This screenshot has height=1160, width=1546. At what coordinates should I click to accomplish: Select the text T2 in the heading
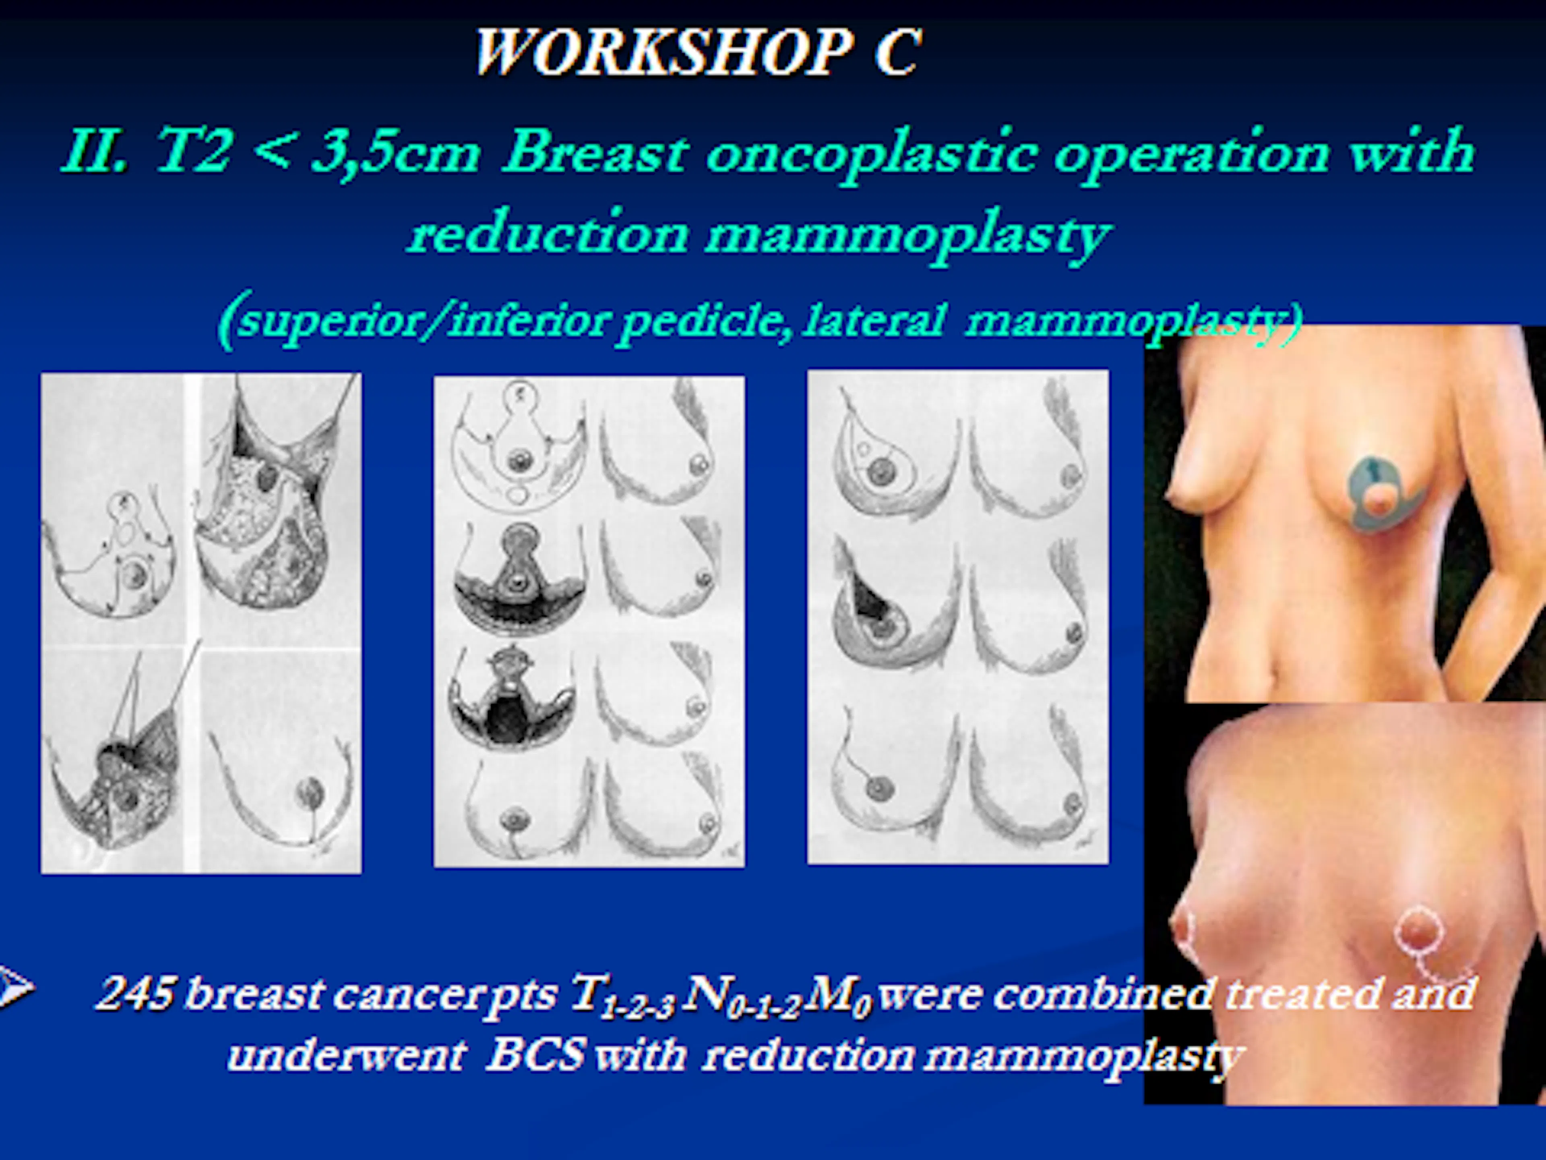click(192, 152)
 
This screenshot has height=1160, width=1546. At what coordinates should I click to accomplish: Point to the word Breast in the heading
click(595, 152)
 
